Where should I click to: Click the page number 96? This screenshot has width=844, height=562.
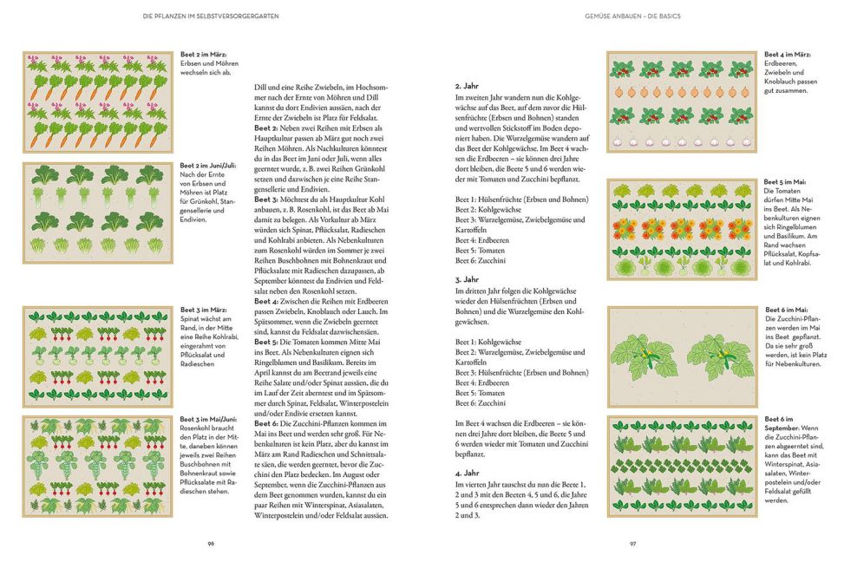click(211, 543)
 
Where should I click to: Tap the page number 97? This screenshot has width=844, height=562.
click(632, 543)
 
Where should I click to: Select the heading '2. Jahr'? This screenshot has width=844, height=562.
click(468, 87)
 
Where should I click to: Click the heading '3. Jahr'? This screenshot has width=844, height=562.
click(468, 279)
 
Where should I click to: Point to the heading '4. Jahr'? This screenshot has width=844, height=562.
click(468, 473)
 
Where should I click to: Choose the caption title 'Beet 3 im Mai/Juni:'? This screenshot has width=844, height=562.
click(211, 420)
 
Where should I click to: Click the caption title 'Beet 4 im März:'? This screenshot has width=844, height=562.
click(788, 55)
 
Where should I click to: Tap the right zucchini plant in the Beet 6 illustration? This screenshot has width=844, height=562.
click(720, 355)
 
